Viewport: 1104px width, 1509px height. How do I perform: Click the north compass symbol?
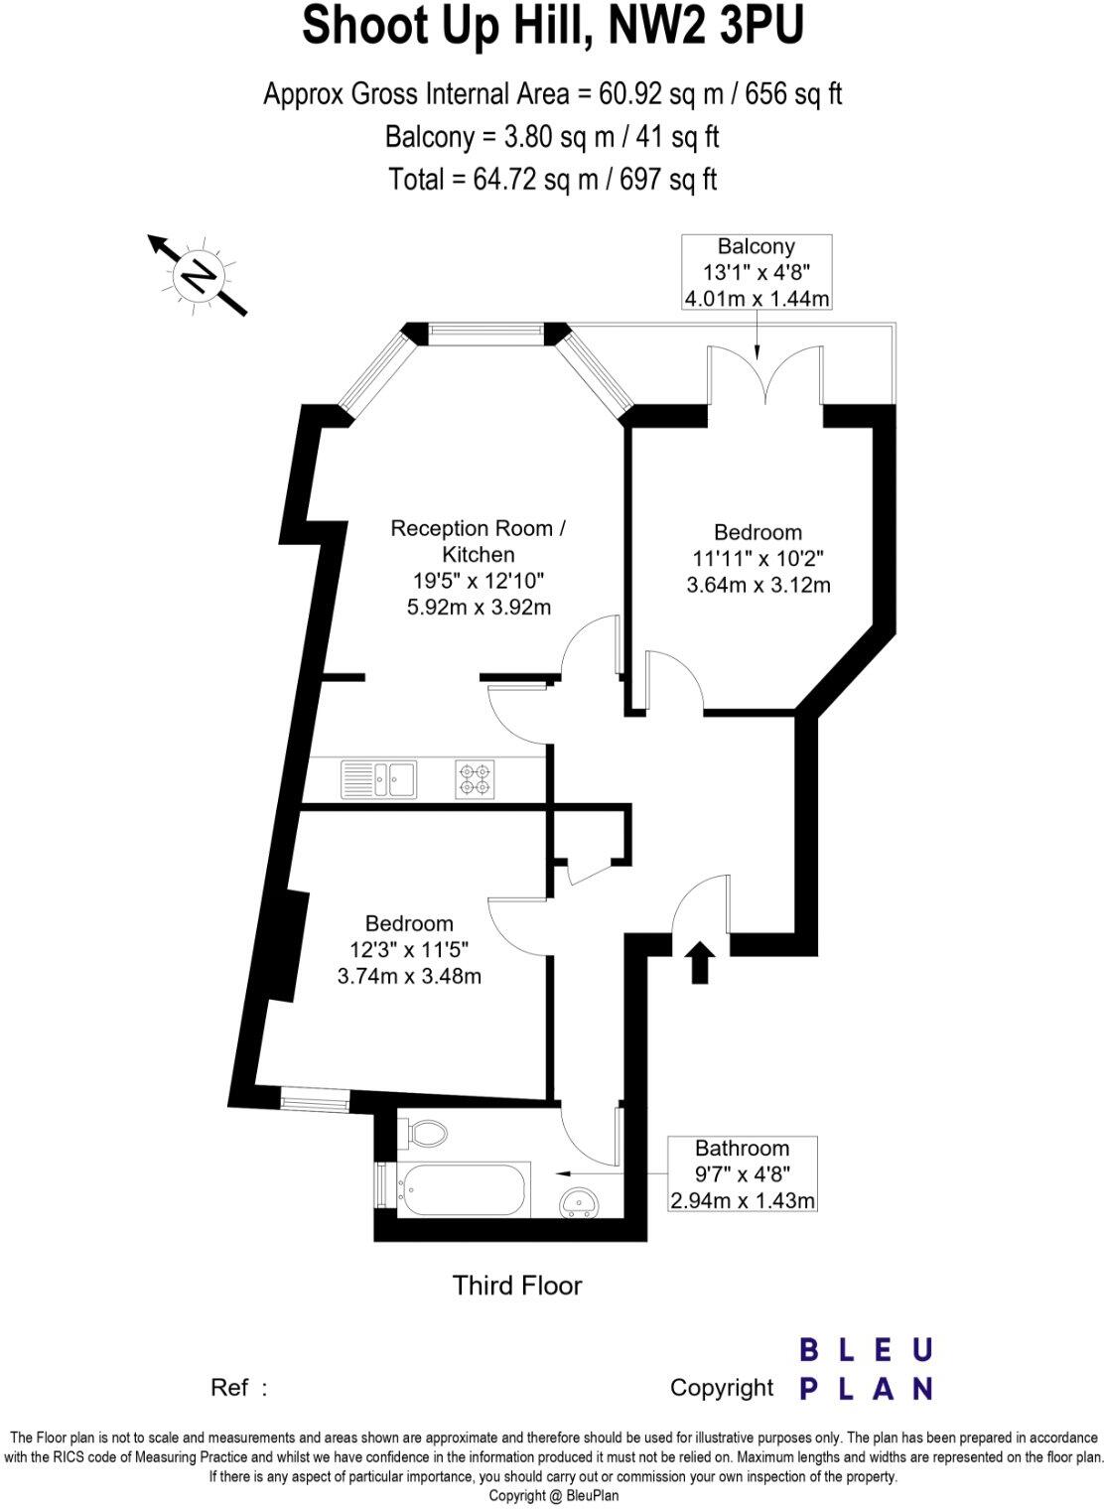click(x=199, y=275)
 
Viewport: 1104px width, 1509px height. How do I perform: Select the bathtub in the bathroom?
click(x=464, y=1188)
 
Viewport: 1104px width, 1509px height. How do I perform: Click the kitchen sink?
click(x=378, y=779)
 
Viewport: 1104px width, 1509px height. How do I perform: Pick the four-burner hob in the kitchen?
click(x=475, y=779)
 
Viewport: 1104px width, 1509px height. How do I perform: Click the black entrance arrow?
click(x=701, y=962)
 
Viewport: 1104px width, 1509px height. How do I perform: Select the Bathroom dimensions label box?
click(x=742, y=1174)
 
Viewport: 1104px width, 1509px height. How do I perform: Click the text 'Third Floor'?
click(x=517, y=1286)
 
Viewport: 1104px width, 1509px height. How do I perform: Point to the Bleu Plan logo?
click(x=867, y=1369)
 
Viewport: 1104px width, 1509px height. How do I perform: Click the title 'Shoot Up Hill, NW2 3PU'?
click(x=552, y=27)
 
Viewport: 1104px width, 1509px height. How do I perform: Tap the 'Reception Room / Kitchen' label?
click(x=479, y=541)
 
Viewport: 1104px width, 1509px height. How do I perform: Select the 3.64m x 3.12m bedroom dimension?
click(x=759, y=586)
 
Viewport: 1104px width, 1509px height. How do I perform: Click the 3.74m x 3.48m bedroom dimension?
click(x=409, y=976)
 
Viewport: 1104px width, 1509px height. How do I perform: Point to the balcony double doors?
click(x=765, y=375)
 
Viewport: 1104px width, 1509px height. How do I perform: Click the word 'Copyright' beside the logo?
click(x=721, y=1387)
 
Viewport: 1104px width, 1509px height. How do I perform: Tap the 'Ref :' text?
click(x=239, y=1387)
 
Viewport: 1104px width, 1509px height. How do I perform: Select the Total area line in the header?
click(x=552, y=179)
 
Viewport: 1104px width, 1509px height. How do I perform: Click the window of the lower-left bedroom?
click(x=315, y=1099)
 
